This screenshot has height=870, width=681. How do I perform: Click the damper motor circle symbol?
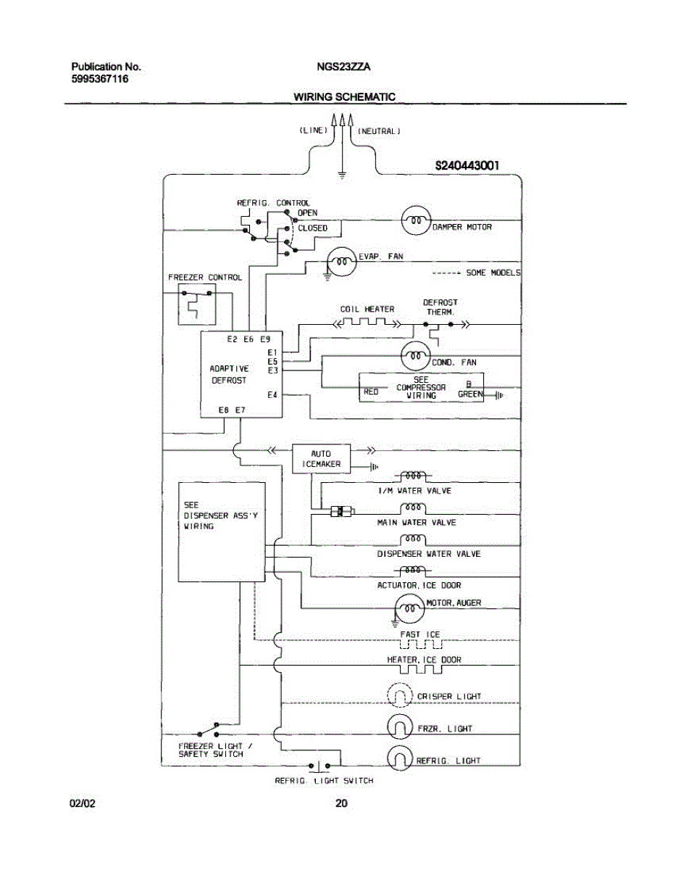pyautogui.click(x=416, y=220)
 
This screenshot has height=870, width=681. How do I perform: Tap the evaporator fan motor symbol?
pyautogui.click(x=341, y=262)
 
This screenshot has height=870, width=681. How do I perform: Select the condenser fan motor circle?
pyautogui.click(x=416, y=356)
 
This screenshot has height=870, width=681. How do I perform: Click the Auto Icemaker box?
pyautogui.click(x=321, y=458)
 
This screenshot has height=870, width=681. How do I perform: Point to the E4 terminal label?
pyautogui.click(x=272, y=395)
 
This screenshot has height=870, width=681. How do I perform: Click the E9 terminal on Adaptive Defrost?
pyautogui.click(x=265, y=339)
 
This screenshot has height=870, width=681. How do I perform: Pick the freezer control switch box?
pyautogui.click(x=197, y=304)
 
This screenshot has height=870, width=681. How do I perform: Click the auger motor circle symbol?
pyautogui.click(x=409, y=608)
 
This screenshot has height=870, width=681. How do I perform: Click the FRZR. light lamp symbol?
pyautogui.click(x=399, y=727)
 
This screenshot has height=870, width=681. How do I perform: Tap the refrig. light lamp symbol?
pyautogui.click(x=399, y=758)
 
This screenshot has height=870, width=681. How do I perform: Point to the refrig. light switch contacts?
pyautogui.click(x=319, y=765)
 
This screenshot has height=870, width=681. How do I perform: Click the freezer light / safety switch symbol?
pyautogui.click(x=209, y=730)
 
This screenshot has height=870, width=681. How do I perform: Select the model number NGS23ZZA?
pyautogui.click(x=343, y=67)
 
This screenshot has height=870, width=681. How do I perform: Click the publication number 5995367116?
pyautogui.click(x=100, y=79)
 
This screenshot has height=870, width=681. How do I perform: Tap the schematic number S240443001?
pyautogui.click(x=467, y=165)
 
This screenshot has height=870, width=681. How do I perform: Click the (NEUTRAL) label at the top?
pyautogui.click(x=379, y=131)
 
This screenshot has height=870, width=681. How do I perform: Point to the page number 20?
pyautogui.click(x=341, y=803)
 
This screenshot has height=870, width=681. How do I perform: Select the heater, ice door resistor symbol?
pyautogui.click(x=421, y=669)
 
